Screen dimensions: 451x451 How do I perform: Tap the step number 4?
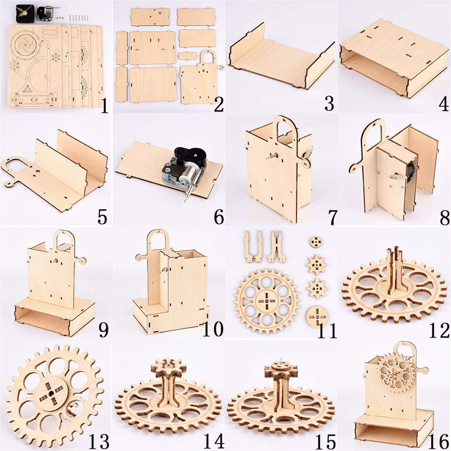pyautogui.click(x=444, y=105)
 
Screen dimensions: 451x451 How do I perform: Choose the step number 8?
pyautogui.click(x=444, y=218)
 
